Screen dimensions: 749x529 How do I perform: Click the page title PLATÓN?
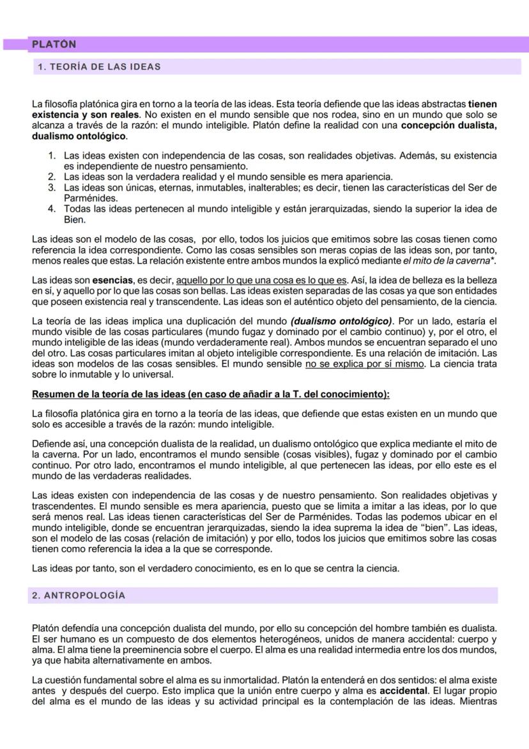[54, 44]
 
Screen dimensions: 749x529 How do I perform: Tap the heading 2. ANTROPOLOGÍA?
[79, 595]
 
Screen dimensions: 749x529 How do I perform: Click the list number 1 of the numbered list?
[52, 155]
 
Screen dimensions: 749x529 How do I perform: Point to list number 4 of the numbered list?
[52, 209]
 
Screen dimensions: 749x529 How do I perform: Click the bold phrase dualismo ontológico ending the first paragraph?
[79, 137]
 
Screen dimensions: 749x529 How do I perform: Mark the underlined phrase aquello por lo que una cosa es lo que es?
[261, 280]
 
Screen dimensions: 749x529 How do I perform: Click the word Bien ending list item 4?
[75, 219]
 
